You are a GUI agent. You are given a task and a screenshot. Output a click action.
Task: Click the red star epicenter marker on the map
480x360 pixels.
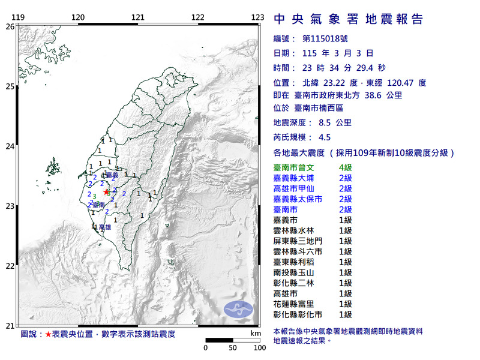107,192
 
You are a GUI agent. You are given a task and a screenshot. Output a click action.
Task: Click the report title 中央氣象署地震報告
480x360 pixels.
349,19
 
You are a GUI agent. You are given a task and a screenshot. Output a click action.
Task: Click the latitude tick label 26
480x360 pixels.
10,26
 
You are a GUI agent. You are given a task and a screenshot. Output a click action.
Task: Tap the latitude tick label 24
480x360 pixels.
10,146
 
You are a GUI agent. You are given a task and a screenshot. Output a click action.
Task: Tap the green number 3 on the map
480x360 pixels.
94,196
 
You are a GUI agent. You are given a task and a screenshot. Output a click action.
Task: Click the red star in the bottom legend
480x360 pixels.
48,333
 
